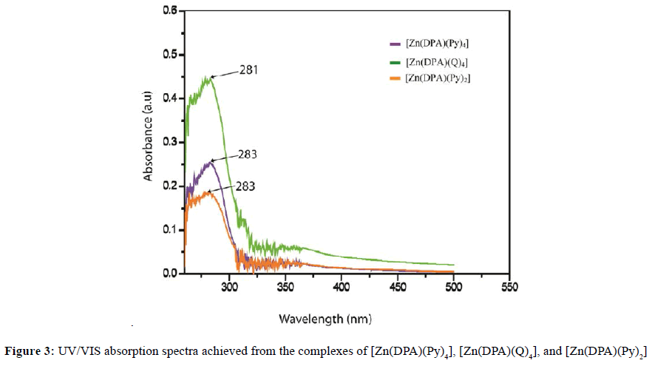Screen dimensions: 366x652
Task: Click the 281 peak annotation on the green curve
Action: (x=249, y=71)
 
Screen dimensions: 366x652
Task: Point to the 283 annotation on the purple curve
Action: (x=247, y=155)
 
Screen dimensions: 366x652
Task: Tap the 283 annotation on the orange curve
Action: (x=245, y=186)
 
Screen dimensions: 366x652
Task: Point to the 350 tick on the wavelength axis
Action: (x=285, y=285)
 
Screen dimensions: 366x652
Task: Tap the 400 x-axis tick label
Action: (x=342, y=285)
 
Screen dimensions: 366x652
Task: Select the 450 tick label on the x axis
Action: (x=397, y=285)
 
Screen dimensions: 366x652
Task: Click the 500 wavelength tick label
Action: (x=453, y=285)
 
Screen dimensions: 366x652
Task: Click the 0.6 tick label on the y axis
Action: (x=171, y=11)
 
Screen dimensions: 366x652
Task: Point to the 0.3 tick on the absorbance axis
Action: (x=171, y=142)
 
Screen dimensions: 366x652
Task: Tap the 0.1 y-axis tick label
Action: (x=171, y=229)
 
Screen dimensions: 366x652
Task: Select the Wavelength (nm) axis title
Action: (x=325, y=319)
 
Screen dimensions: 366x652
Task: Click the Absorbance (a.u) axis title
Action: (x=149, y=141)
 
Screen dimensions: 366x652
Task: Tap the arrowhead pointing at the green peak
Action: (x=212, y=77)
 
